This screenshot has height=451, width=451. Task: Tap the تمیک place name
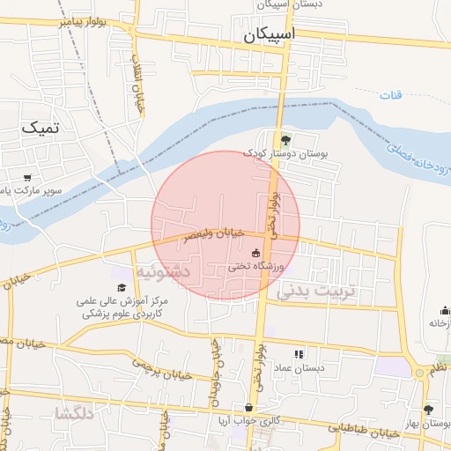(x=41, y=129)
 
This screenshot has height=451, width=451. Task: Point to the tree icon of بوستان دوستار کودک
(x=284, y=139)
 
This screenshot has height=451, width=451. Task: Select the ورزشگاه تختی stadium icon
(x=256, y=253)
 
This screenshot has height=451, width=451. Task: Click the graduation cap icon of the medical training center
(x=121, y=287)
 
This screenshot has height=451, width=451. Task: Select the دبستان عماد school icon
(x=299, y=353)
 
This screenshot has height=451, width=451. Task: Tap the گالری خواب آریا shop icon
(x=249, y=408)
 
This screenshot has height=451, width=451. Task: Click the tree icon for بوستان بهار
(x=428, y=410)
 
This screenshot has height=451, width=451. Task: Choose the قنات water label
(x=388, y=93)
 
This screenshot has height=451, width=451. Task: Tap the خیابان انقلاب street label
(x=138, y=89)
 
